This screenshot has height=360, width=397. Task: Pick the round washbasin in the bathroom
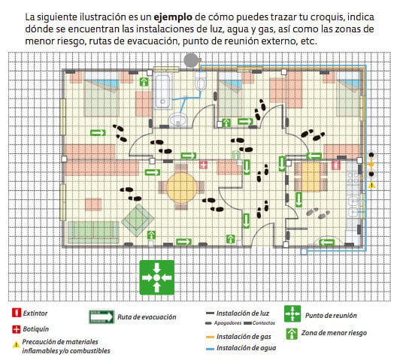[x=178, y=119]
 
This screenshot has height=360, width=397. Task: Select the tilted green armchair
[x=135, y=219]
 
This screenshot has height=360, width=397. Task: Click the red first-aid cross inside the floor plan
[x=203, y=163]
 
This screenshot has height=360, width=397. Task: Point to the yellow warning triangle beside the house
[x=371, y=184]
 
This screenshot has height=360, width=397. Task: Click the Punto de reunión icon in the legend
[x=292, y=313]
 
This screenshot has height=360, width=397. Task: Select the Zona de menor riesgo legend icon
[x=292, y=333]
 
